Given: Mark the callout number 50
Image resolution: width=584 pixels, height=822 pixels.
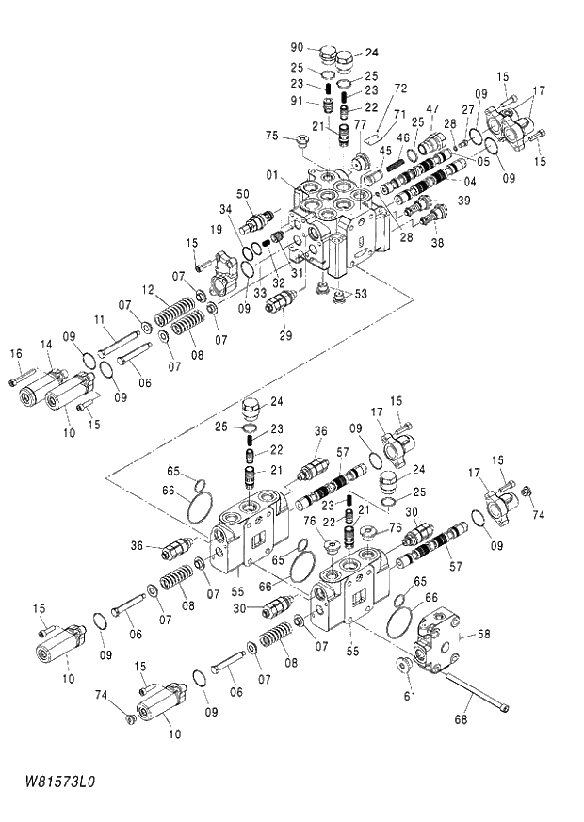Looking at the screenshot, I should click(x=243, y=193).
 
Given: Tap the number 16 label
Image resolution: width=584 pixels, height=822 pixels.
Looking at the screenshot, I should click(x=15, y=353).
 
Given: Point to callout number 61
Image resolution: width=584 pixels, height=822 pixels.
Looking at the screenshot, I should click(x=409, y=697).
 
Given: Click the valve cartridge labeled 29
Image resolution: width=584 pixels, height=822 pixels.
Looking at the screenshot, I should click(x=282, y=303).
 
